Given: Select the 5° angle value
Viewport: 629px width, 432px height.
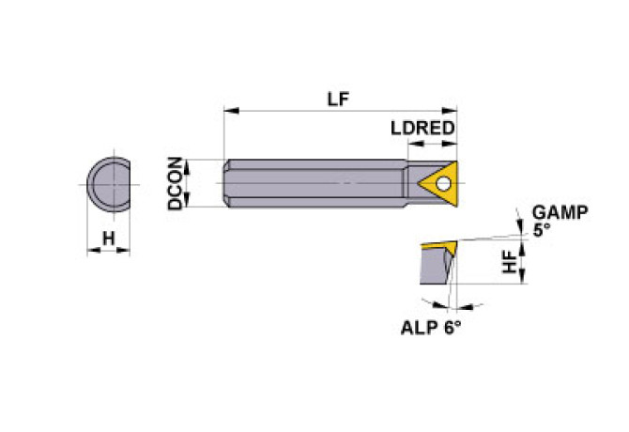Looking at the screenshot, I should [x=541, y=229].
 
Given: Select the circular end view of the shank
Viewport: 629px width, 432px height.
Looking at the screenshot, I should [x=108, y=184].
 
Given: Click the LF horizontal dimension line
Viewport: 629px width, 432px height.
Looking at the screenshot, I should [x=282, y=112].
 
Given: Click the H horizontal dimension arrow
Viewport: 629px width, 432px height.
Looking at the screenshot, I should [x=109, y=251].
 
